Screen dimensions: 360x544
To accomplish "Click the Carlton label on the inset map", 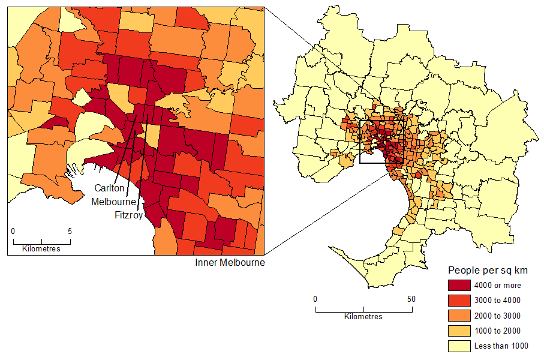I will [x=109, y=188].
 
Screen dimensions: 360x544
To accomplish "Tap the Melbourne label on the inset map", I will [x=113, y=202].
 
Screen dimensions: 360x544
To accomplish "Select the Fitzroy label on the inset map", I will [x=128, y=215].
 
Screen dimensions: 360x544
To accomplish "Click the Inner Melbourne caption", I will [x=230, y=263].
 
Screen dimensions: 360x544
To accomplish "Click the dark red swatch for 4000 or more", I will [x=459, y=286].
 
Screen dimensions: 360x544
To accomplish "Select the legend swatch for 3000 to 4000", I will [x=459, y=301].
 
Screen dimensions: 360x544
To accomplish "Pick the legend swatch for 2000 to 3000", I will [x=459, y=316].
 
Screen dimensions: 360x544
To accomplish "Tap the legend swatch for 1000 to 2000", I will [x=459, y=331].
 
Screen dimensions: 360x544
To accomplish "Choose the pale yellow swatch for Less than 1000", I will [x=459, y=346].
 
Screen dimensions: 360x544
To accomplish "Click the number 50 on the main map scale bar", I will [x=411, y=299].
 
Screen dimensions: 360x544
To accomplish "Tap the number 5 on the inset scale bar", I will [x=70, y=231].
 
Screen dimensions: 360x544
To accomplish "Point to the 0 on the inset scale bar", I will [x=13, y=231].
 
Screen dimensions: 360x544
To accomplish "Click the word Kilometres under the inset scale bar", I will [x=41, y=249].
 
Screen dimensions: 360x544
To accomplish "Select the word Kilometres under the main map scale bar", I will [x=363, y=317].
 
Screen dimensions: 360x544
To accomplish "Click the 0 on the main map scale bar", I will [x=315, y=299].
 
